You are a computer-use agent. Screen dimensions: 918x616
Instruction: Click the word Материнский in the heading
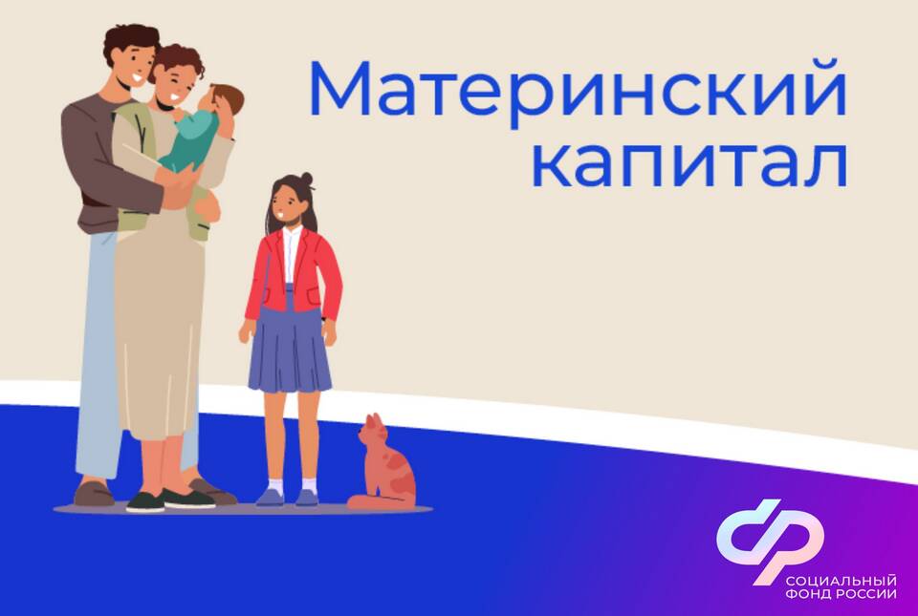[x=578, y=90]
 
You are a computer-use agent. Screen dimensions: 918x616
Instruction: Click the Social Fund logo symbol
[x=771, y=541]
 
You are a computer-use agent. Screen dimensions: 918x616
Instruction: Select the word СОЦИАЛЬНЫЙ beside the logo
[x=841, y=582]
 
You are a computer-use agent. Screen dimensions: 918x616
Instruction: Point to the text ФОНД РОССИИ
[x=841, y=594]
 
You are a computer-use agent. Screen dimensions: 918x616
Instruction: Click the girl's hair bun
[x=306, y=179]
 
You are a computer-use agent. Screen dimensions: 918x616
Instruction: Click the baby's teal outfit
[x=191, y=140]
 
